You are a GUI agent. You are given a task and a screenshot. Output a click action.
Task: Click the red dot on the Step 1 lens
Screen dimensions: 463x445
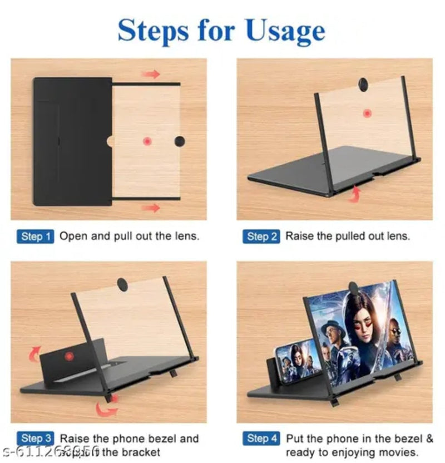click(x=147, y=141)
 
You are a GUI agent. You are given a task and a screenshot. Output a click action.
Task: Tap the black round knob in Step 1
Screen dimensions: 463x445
click(x=179, y=141)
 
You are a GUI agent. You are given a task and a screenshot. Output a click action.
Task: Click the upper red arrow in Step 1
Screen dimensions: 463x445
click(x=151, y=74)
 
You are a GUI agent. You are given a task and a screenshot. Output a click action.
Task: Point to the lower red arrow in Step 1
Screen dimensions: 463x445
click(x=151, y=208)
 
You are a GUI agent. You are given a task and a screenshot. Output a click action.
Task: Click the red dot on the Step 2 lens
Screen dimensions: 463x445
click(x=367, y=114)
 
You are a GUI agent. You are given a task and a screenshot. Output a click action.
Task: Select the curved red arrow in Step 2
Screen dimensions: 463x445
click(x=354, y=193)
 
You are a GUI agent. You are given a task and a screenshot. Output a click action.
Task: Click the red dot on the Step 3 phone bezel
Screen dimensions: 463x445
click(x=69, y=356)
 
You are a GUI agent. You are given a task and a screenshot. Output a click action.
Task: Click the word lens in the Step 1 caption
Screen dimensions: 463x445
click(x=185, y=236)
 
